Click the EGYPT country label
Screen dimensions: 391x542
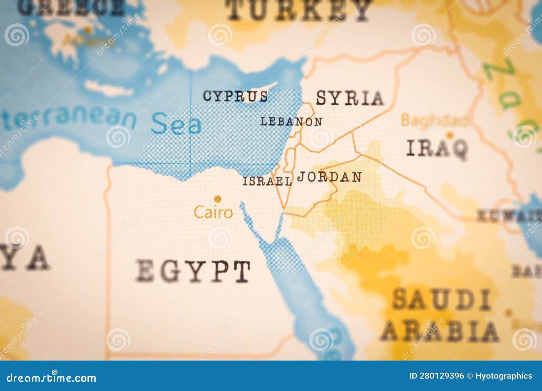[193, 271]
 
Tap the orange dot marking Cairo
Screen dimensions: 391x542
[218, 199]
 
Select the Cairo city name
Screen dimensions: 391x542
[213, 212]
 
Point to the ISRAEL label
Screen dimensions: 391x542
[267, 181]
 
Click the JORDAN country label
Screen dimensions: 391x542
[329, 177]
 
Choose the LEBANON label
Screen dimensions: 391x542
[291, 121]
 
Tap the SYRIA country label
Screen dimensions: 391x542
[350, 98]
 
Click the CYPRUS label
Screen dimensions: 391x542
[235, 96]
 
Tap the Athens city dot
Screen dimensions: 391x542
[88, 30]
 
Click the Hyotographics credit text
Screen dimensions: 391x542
[504, 376]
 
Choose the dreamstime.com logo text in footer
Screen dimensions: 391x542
[51, 377]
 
